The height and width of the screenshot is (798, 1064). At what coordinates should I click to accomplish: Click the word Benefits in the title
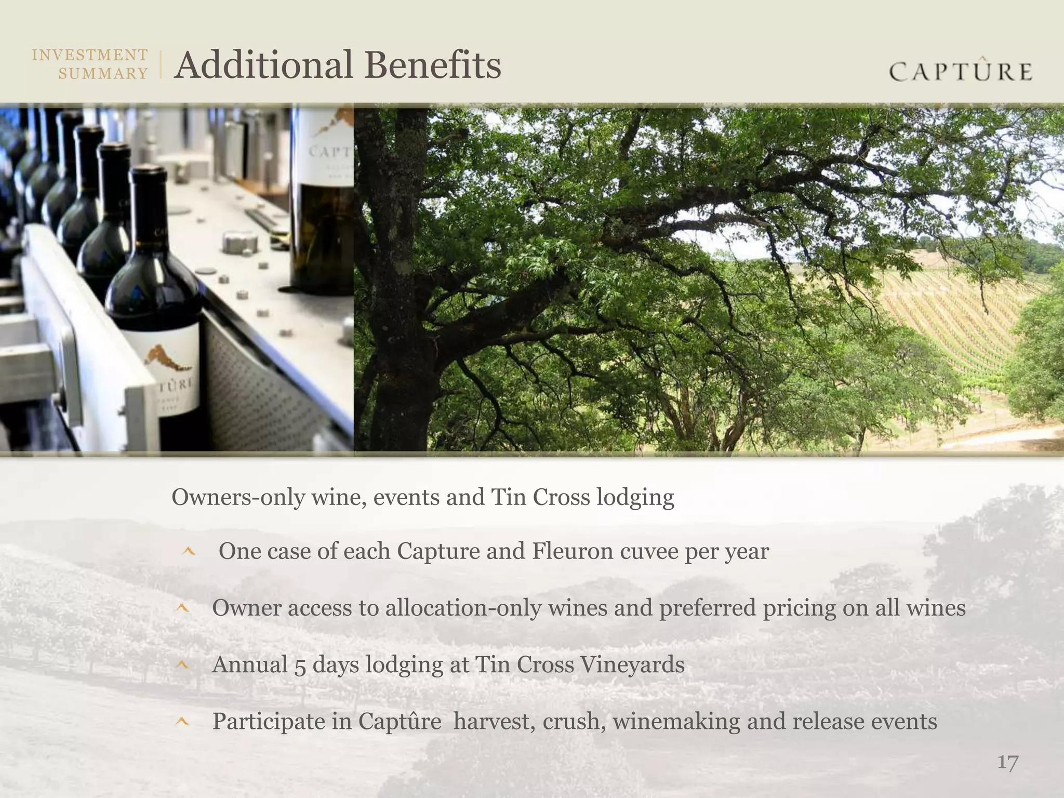pyautogui.click(x=432, y=65)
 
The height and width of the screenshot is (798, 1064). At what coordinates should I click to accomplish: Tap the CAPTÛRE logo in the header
pyautogui.click(x=961, y=71)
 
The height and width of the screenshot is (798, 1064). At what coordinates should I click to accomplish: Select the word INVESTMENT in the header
pyautogui.click(x=90, y=55)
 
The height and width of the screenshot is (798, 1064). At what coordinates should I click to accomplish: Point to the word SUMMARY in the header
pyautogui.click(x=103, y=74)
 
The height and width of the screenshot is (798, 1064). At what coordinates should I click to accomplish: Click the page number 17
pyautogui.click(x=1007, y=763)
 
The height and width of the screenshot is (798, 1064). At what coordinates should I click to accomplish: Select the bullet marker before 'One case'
pyautogui.click(x=189, y=552)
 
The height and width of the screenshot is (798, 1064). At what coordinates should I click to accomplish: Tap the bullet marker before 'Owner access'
pyautogui.click(x=182, y=608)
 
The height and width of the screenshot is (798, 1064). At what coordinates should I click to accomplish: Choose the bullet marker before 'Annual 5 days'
pyautogui.click(x=182, y=664)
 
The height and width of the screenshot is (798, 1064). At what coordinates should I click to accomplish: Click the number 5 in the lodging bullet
pyautogui.click(x=300, y=666)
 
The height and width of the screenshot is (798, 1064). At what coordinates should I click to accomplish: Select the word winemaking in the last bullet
pyautogui.click(x=676, y=722)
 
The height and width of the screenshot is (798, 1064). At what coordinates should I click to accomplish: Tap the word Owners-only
pyautogui.click(x=238, y=497)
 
